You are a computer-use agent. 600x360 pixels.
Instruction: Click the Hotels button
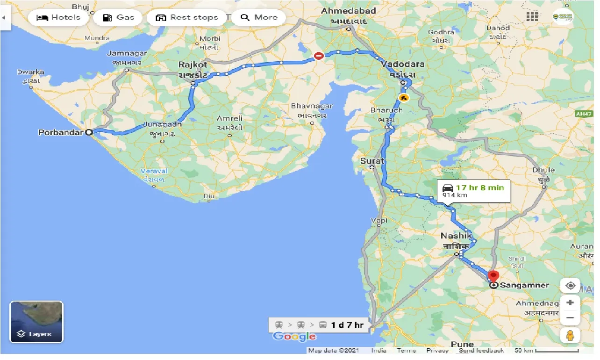58,18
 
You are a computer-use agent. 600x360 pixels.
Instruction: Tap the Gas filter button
119,18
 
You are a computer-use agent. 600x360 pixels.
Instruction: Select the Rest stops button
187,18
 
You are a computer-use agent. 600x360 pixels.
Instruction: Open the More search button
260,18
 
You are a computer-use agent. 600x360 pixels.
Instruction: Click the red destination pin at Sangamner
493,276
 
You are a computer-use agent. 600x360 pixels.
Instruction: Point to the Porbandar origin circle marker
89,132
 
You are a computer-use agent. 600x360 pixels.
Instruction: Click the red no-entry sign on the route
319,56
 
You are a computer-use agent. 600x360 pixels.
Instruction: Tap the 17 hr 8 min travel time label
480,187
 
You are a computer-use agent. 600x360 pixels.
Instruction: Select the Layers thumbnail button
36,322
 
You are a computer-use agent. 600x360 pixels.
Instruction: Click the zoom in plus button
570,302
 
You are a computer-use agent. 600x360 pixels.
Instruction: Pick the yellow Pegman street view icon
570,335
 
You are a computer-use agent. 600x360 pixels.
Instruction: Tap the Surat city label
372,161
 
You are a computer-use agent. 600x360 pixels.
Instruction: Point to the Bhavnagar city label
312,106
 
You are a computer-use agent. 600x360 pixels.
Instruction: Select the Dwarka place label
30,72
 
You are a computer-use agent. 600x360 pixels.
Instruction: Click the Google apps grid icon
532,17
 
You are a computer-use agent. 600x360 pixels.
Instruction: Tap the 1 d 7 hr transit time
347,325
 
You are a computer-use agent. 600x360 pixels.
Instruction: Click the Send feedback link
481,350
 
